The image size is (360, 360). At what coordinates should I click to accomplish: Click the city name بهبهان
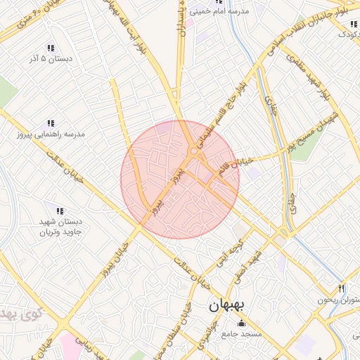(x=226, y=307)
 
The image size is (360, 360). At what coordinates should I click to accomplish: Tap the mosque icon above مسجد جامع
(x=243, y=323)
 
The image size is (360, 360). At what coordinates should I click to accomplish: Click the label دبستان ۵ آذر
(x=51, y=59)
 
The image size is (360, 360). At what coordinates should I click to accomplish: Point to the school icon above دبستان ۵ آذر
(x=51, y=48)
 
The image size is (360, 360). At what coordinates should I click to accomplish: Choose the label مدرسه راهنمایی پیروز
(x=51, y=134)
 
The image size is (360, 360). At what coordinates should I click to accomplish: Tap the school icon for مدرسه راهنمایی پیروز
(x=51, y=123)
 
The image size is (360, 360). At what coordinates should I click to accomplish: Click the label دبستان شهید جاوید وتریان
(x=60, y=227)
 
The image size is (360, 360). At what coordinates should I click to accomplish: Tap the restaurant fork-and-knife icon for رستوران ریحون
(x=342, y=288)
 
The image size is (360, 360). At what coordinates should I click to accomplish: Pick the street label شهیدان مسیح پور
(x=310, y=131)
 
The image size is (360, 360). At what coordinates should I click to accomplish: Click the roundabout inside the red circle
(x=193, y=151)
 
